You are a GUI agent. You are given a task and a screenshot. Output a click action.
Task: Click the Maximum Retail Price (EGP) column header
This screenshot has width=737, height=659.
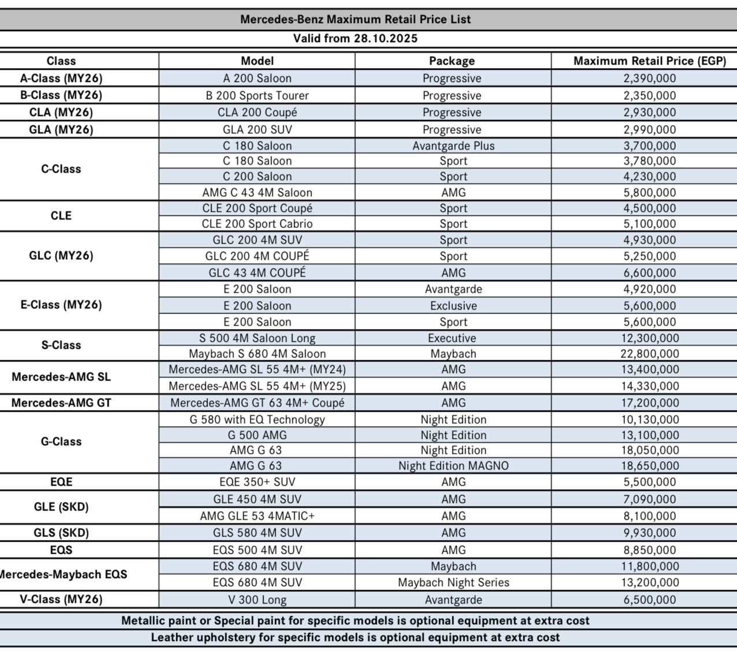click(649, 61)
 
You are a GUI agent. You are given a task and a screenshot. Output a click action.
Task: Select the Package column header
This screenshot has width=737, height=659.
click(452, 61)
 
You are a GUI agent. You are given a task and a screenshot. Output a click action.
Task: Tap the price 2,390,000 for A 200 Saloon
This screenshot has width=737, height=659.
click(649, 78)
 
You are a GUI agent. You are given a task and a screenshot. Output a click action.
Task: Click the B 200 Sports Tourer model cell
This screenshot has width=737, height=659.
click(257, 95)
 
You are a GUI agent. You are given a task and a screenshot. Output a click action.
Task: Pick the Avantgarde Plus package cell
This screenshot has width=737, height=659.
click(453, 146)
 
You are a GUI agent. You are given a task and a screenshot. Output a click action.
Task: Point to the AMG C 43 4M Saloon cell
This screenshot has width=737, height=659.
click(257, 192)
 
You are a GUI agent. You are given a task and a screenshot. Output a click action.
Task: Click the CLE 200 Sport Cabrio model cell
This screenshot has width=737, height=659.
click(257, 224)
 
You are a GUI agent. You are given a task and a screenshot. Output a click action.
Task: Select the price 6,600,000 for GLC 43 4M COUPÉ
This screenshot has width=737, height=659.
click(649, 273)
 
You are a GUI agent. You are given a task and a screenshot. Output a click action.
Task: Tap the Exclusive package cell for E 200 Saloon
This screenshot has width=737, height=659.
click(453, 306)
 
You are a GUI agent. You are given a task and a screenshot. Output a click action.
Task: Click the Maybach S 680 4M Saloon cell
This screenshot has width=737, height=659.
click(257, 353)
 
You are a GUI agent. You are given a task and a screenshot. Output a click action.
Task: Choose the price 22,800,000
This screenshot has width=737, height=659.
click(649, 353)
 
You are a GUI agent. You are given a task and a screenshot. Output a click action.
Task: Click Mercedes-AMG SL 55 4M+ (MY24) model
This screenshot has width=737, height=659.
click(257, 369)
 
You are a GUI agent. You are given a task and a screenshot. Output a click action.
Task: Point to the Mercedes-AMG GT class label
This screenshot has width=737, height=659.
click(61, 403)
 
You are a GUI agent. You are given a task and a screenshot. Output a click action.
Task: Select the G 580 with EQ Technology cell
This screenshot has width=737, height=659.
click(257, 419)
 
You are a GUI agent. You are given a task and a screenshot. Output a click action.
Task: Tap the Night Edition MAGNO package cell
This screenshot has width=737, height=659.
click(453, 466)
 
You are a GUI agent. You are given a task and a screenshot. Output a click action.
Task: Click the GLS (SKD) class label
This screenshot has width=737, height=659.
click(61, 533)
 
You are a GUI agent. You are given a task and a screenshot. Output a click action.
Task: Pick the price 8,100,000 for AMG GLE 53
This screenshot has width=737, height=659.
click(649, 516)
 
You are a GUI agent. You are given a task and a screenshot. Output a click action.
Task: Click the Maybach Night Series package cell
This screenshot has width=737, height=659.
click(453, 582)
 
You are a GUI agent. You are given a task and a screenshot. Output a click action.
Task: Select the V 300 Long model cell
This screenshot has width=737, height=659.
click(257, 600)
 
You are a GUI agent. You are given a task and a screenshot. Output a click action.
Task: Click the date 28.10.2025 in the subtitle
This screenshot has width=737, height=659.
click(385, 39)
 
